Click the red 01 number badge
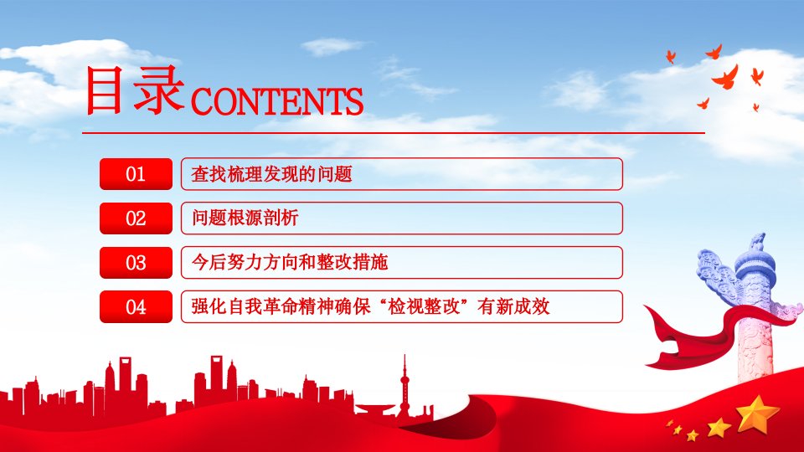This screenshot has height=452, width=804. pos(136,174)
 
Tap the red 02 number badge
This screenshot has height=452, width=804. pos(136,218)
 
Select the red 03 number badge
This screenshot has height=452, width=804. pos(136,262)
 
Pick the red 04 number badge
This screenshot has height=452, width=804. pos(136,306)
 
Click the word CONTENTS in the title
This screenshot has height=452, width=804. pos(277,101)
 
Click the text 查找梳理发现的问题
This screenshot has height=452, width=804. pos(271,174)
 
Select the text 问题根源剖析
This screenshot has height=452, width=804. pos(245,218)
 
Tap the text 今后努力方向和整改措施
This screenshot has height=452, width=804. pos(290,262)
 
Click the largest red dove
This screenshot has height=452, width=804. pos(726,78)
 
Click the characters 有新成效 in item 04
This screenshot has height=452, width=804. pos(513,306)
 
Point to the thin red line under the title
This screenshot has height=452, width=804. pos(394,133)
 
